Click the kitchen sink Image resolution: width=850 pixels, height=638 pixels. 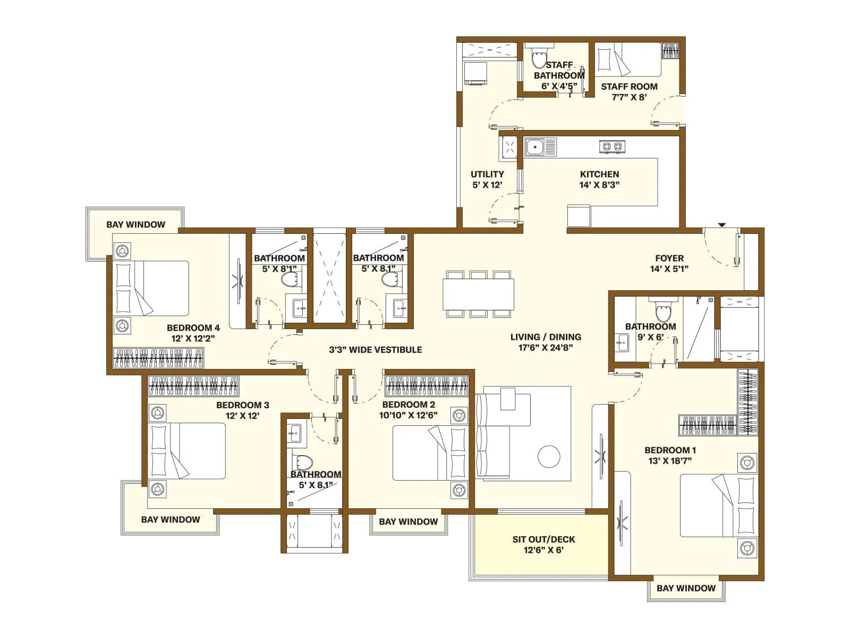click(540, 146)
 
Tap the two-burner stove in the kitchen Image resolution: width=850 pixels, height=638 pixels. click(612, 146)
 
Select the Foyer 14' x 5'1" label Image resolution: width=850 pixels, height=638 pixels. click(669, 263)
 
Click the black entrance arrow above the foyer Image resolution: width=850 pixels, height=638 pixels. click(721, 225)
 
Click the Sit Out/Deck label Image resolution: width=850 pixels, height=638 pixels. click(543, 544)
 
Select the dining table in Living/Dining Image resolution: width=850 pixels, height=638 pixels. click(478, 295)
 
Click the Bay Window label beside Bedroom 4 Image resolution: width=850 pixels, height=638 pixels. click(135, 224)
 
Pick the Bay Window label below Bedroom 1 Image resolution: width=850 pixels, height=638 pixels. click(686, 588)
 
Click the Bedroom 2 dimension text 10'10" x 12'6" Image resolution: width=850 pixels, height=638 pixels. click(408, 415)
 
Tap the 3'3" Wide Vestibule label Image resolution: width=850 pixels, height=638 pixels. click(375, 350)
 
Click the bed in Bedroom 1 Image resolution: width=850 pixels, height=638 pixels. click(717, 506)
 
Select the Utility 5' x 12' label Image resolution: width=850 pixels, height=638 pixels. click(487, 180)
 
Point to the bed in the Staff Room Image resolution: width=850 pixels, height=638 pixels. click(628, 60)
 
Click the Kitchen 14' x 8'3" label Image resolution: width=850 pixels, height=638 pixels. click(599, 180)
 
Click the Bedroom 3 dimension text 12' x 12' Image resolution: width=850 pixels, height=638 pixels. click(242, 416)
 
